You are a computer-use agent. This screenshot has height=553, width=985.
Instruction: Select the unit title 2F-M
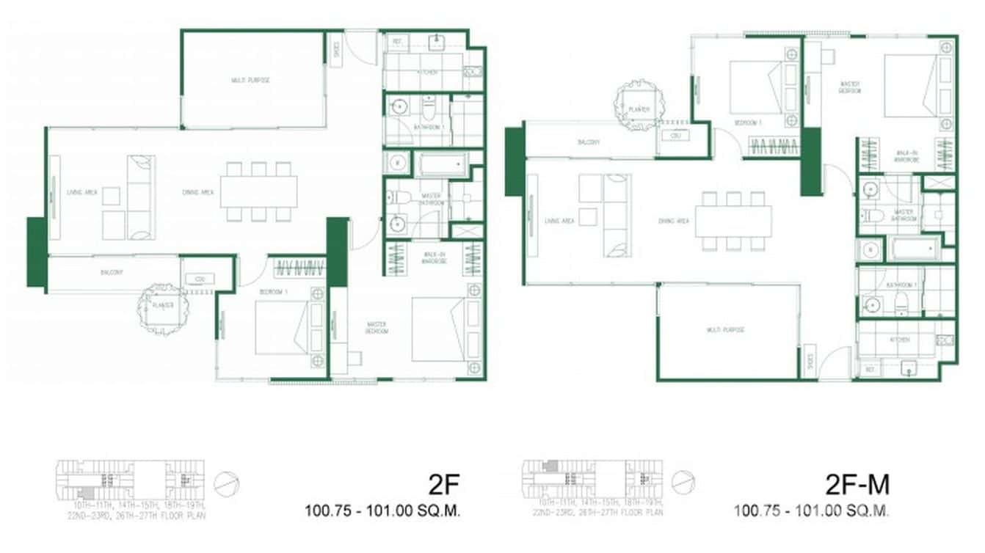tap(857, 485)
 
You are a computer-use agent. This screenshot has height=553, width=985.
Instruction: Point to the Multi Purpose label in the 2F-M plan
tap(726, 330)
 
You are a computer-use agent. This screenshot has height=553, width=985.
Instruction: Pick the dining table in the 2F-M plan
tap(733, 221)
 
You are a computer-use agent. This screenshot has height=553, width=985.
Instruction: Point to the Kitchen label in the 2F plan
tap(428, 73)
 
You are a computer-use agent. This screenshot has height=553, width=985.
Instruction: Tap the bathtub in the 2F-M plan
tap(915, 250)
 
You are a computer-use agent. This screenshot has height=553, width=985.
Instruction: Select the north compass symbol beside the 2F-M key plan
tap(683, 482)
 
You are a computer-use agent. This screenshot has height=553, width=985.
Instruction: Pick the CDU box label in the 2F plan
tap(200, 279)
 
